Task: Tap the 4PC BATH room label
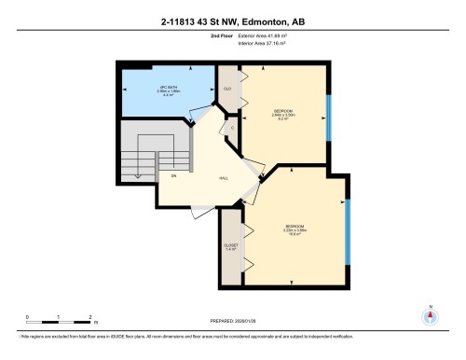[x=168, y=90]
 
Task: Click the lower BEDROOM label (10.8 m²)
[x=295, y=230]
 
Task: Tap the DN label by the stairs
[x=173, y=174]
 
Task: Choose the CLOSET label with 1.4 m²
[x=232, y=247]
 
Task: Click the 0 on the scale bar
[x=28, y=317]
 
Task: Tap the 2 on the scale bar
[x=90, y=317]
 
